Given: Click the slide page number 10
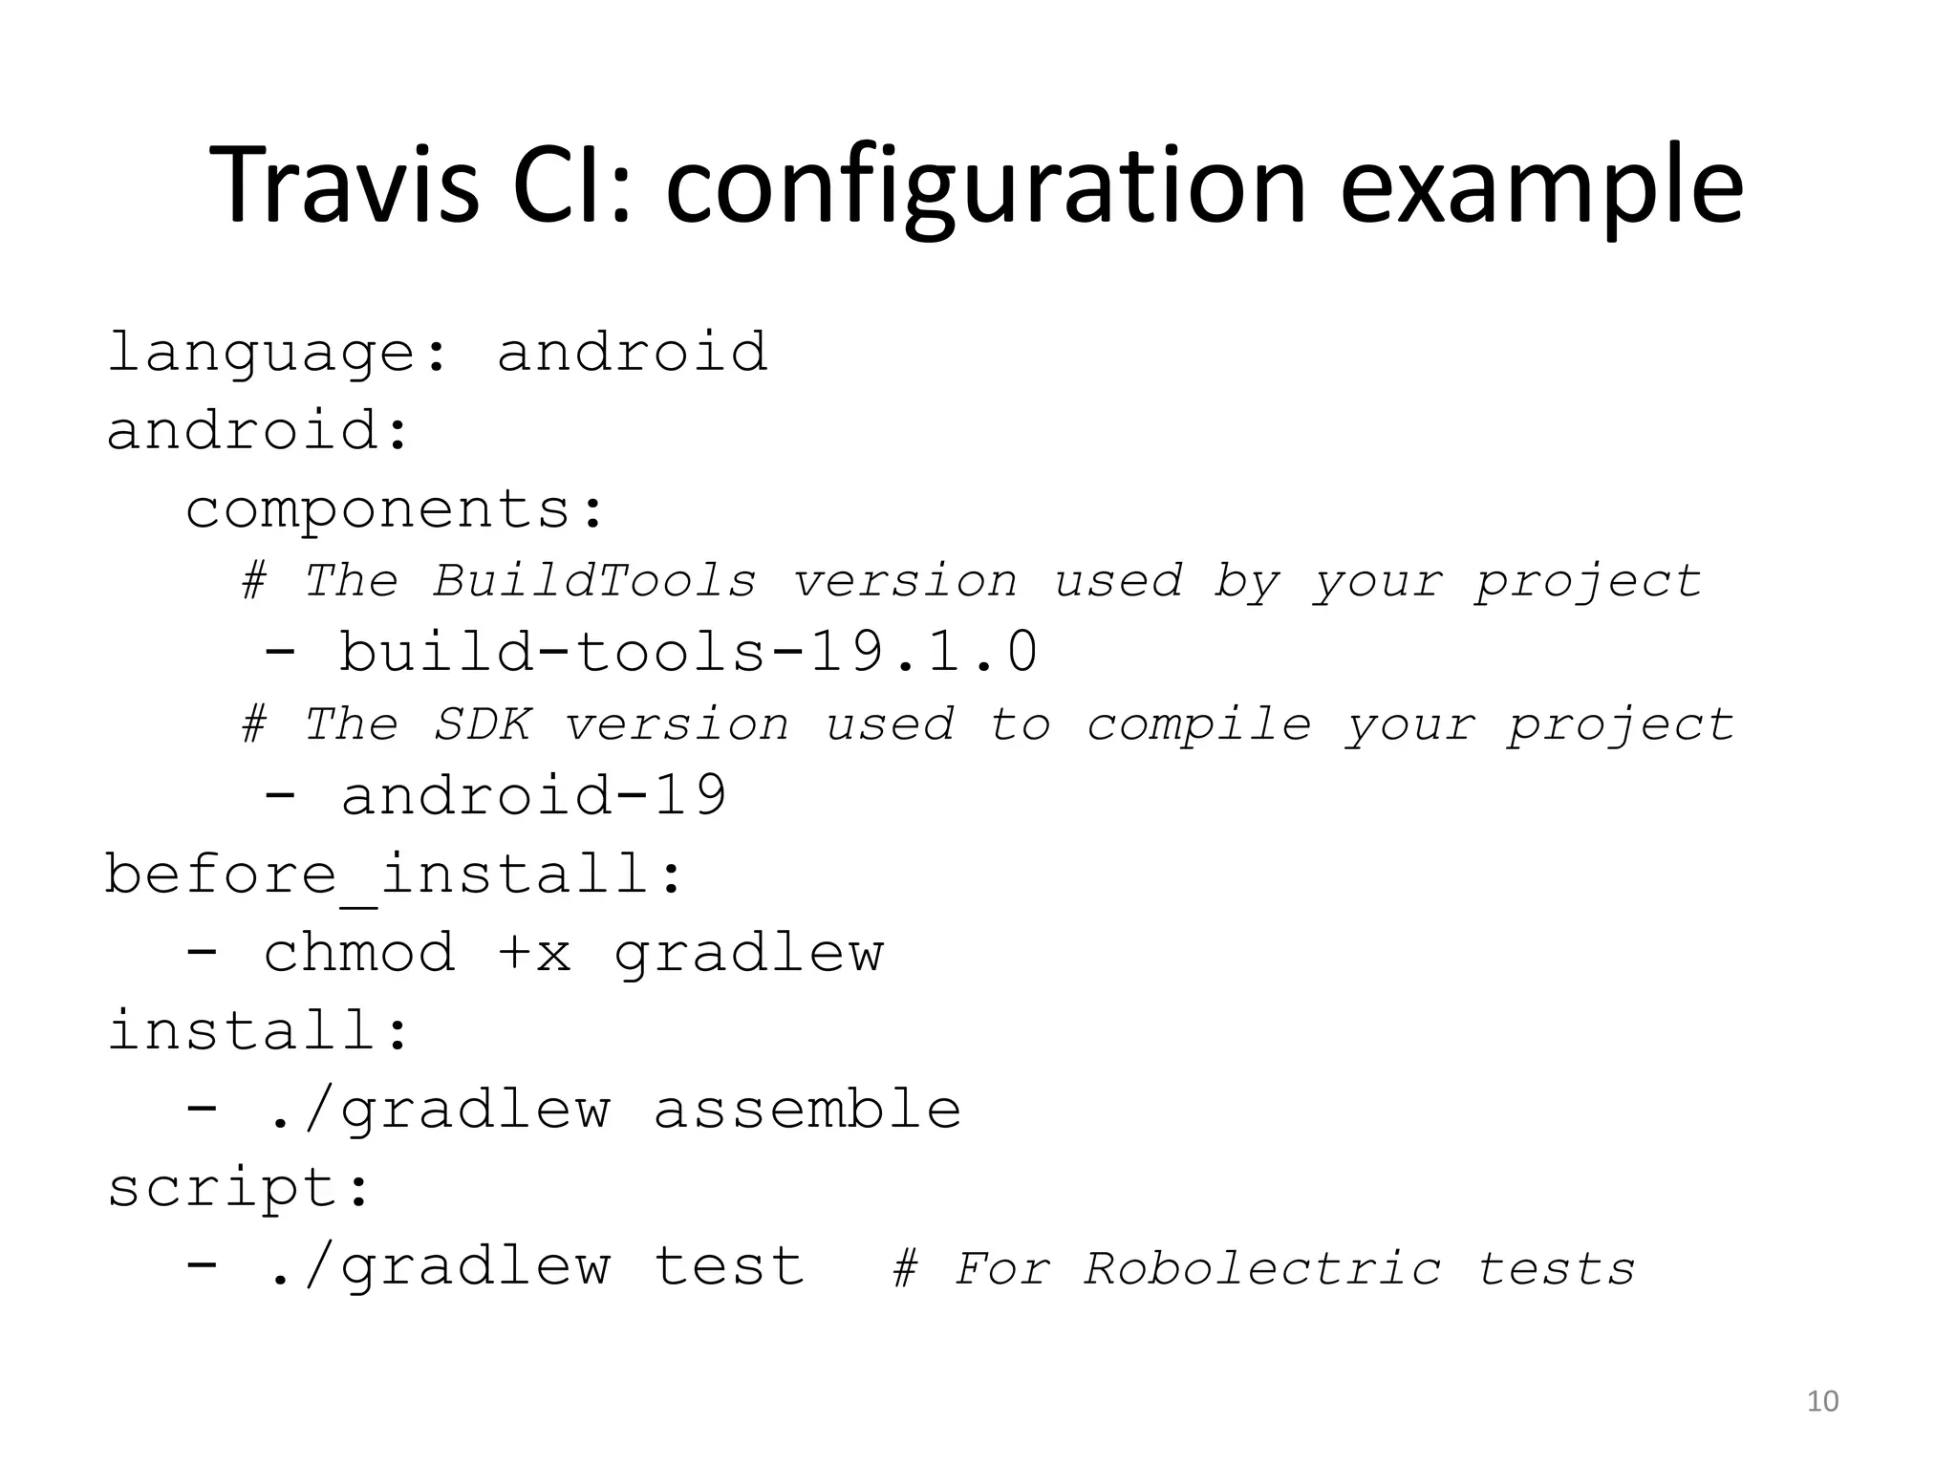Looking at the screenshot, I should tap(1822, 1401).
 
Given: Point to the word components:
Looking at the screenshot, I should tap(396, 508).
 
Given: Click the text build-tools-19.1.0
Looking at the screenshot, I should tap(688, 652).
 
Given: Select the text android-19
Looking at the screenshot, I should tap(534, 795).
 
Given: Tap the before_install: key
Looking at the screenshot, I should tap(394, 874).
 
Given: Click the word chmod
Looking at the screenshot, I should tap(359, 953).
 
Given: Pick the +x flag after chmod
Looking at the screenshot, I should tap(534, 953).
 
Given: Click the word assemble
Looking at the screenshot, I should tap(807, 1110).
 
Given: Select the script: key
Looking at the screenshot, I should tap(239, 1189).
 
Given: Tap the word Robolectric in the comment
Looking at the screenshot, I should tap(1262, 1269).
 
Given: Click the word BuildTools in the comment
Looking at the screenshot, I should tap(594, 581).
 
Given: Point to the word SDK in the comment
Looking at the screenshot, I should tap(482, 724).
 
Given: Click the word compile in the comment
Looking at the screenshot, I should tap(1199, 724).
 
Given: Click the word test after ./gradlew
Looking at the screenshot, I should tap(729, 1267).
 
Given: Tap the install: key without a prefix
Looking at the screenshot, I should tap(258, 1031).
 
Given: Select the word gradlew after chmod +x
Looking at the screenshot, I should tap(749, 953).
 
